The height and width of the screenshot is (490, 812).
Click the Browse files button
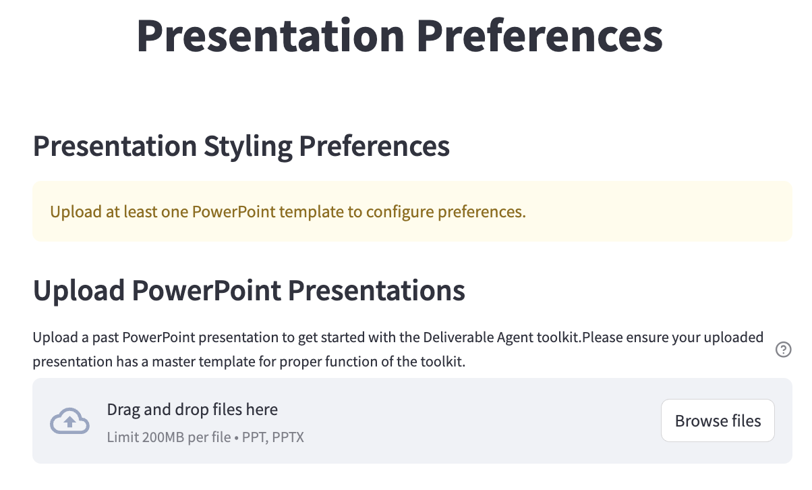tap(718, 421)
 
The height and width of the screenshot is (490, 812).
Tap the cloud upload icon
tap(70, 421)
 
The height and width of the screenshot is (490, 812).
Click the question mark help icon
tap(784, 350)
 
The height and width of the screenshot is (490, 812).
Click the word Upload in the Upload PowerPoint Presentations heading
tap(79, 291)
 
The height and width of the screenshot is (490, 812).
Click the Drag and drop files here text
tap(192, 410)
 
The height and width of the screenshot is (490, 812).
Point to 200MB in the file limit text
tap(165, 437)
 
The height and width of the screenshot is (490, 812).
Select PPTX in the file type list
tap(287, 437)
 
